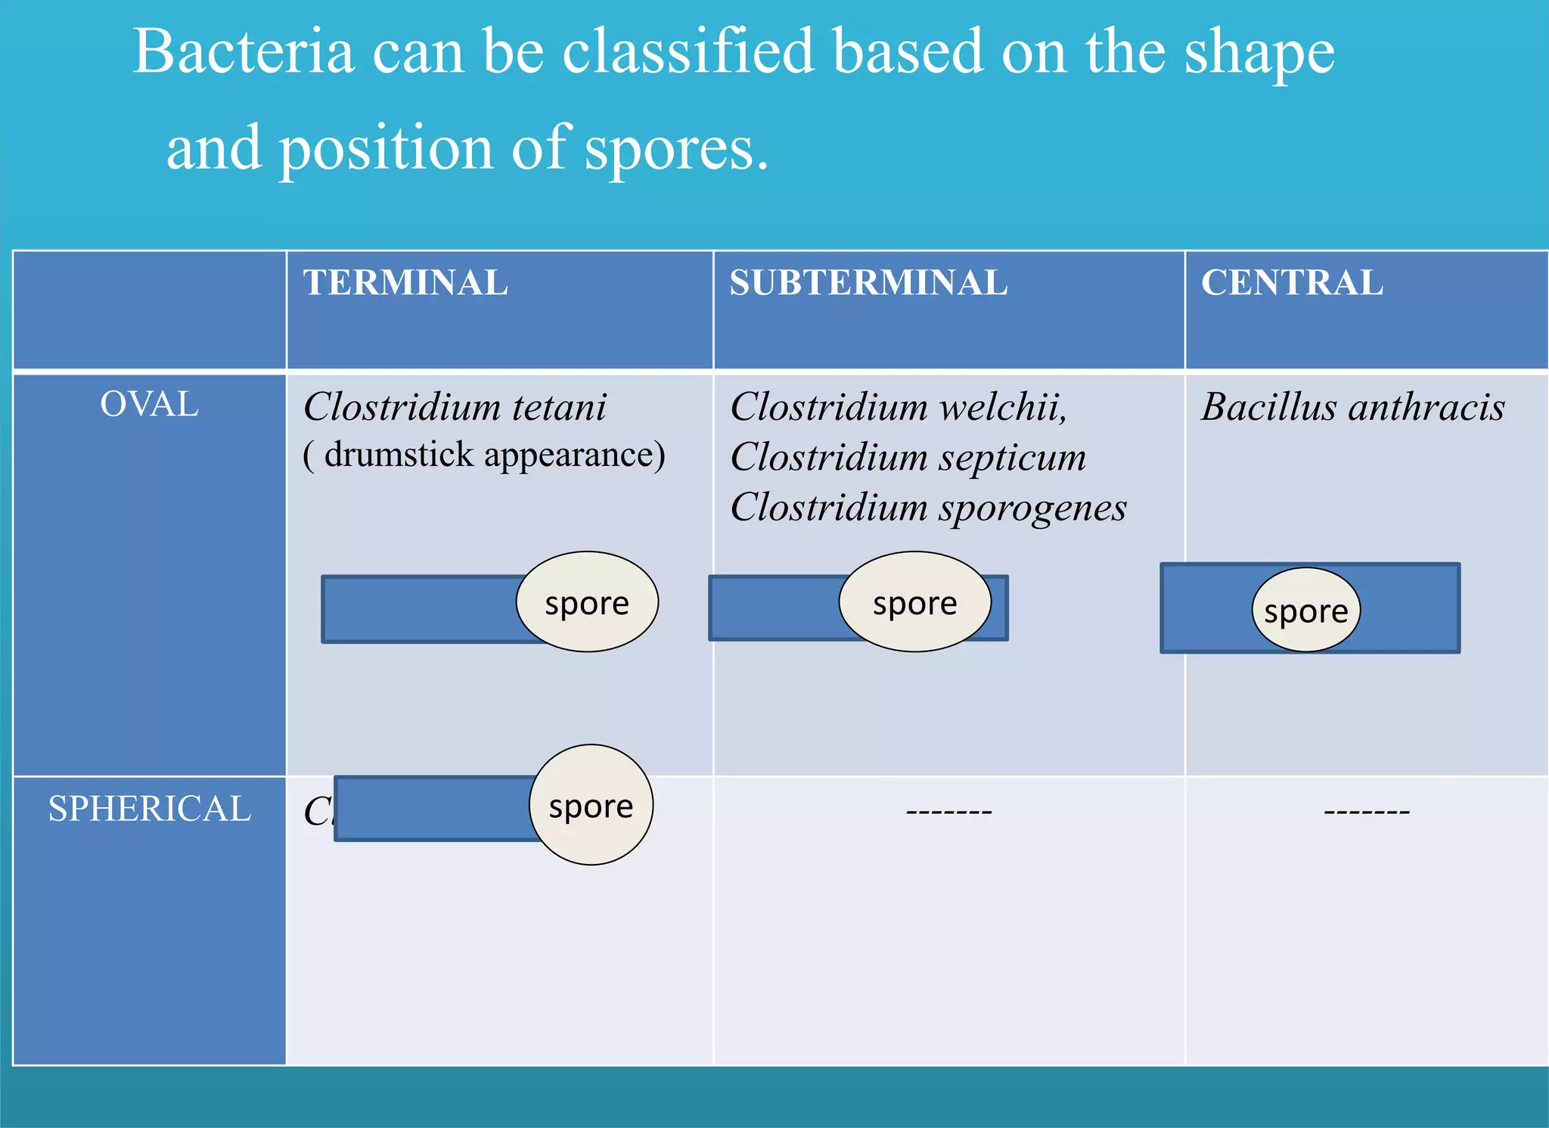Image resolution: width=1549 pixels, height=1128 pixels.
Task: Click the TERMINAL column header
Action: [x=405, y=283]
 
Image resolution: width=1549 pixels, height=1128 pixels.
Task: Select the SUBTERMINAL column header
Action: [x=868, y=283]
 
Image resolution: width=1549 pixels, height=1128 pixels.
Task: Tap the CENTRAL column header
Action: [x=1292, y=283]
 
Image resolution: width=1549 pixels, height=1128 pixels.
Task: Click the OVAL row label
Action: [x=150, y=405]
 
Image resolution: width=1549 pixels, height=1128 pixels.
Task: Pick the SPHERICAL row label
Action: [x=150, y=809]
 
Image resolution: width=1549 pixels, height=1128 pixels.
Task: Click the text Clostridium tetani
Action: [x=455, y=407]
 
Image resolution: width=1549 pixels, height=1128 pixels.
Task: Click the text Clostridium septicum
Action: [x=908, y=457]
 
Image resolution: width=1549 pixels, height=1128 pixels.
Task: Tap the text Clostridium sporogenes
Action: [x=928, y=507]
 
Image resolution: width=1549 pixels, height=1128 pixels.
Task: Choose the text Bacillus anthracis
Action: [x=1352, y=407]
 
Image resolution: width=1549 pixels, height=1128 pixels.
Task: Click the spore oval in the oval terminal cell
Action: [x=587, y=602]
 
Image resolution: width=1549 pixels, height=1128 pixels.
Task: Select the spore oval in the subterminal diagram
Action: [x=914, y=602]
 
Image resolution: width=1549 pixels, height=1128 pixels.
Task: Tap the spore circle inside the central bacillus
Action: [x=1305, y=610]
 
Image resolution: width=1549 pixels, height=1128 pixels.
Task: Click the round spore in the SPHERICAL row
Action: [x=591, y=806]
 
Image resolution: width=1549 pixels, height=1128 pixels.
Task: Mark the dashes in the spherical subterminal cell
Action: [x=948, y=812]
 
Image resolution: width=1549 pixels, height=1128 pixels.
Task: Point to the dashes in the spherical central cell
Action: [x=1366, y=812]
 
